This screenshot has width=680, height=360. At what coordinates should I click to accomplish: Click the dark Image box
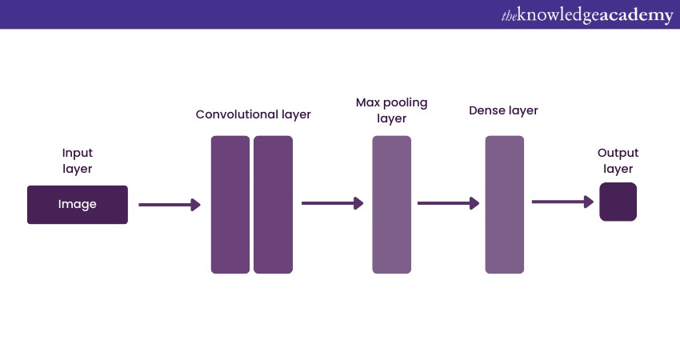[x=78, y=205]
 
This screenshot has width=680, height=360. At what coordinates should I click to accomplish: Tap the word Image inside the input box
[x=77, y=204]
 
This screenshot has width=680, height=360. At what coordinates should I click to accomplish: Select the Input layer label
[x=77, y=161]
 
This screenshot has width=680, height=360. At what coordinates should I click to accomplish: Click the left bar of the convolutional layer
[x=230, y=205]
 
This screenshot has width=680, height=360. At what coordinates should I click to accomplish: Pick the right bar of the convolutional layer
[x=274, y=205]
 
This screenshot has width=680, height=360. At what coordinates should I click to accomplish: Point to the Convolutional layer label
[x=254, y=114]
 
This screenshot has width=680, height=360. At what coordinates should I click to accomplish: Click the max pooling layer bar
[x=392, y=205]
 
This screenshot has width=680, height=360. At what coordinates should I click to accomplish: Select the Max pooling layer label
[x=392, y=110]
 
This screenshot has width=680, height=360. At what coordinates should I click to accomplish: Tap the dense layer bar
[x=504, y=205]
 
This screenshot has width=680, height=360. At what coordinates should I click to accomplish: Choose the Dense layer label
[x=503, y=110]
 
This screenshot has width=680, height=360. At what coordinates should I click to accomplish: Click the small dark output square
[x=618, y=202]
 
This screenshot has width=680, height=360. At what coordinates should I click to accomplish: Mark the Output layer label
[x=618, y=161]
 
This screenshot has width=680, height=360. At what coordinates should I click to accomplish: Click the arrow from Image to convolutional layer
[x=170, y=205]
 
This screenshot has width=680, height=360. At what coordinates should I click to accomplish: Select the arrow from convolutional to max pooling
[x=333, y=203]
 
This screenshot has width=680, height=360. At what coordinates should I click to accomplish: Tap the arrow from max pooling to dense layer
[x=449, y=203]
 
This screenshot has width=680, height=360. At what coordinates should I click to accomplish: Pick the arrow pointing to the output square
[x=563, y=202]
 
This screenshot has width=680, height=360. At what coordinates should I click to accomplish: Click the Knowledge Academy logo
[x=587, y=16]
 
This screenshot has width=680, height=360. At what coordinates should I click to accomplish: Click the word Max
[x=368, y=102]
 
